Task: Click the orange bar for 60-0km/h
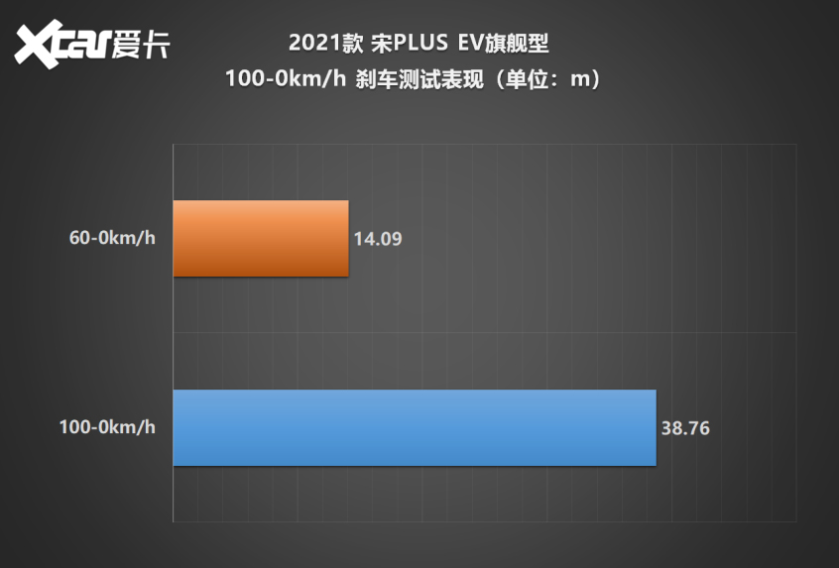260,239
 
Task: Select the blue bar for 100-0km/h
415,427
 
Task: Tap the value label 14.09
377,239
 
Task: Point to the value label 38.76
685,429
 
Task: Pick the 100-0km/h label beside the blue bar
107,428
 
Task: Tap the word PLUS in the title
408,44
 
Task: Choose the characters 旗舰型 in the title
517,44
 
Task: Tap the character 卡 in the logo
156,46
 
